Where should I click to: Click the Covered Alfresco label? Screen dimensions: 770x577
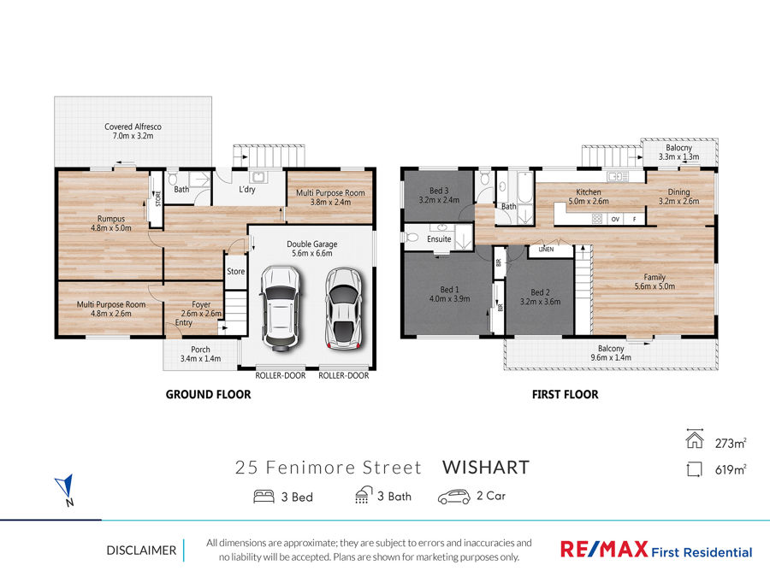pyautogui.click(x=133, y=131)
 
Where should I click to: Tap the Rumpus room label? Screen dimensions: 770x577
pyautogui.click(x=111, y=223)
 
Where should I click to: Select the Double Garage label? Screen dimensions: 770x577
pyautogui.click(x=311, y=249)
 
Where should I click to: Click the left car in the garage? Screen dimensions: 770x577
pyautogui.click(x=280, y=308)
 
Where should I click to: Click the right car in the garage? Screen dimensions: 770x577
pyautogui.click(x=344, y=309)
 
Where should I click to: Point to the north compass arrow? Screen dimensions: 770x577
pyautogui.click(x=65, y=486)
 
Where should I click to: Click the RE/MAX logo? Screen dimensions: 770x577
pyautogui.click(x=656, y=549)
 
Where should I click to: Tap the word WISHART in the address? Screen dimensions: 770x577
pyautogui.click(x=486, y=468)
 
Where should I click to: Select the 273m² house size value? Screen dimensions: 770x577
pyautogui.click(x=731, y=443)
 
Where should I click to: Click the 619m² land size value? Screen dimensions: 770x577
pyautogui.click(x=731, y=469)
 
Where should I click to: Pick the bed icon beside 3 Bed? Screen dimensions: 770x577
pyautogui.click(x=264, y=497)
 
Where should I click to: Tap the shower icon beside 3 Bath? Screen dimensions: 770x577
pyautogui.click(x=364, y=495)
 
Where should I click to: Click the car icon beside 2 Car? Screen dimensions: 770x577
pyautogui.click(x=453, y=497)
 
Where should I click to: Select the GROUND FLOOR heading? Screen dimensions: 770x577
pyautogui.click(x=208, y=394)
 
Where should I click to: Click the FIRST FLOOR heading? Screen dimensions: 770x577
pyautogui.click(x=566, y=394)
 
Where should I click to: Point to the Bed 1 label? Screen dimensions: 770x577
pyautogui.click(x=449, y=294)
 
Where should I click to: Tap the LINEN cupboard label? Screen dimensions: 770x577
pyautogui.click(x=546, y=250)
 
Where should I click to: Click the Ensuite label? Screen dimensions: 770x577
pyautogui.click(x=439, y=239)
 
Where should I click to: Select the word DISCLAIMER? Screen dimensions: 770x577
pyautogui.click(x=141, y=551)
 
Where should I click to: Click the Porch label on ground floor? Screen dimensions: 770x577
pyautogui.click(x=200, y=354)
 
